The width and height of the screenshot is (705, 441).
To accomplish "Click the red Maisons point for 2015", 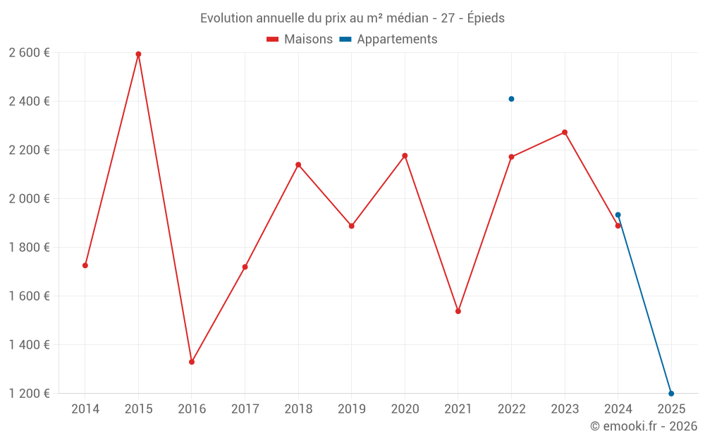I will click(138, 54).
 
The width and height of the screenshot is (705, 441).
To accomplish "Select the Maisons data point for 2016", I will click(192, 362).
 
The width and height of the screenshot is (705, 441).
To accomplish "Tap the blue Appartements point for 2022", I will click(511, 99).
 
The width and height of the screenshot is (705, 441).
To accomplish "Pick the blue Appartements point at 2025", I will click(671, 394).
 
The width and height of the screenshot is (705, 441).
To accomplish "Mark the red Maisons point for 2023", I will click(565, 133).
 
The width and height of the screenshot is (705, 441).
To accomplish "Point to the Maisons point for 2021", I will click(458, 311).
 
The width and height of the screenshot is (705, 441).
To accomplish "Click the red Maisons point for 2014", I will click(85, 265).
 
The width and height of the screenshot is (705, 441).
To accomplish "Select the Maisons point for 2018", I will click(298, 165).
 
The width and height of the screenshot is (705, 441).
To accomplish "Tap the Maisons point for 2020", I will click(405, 156).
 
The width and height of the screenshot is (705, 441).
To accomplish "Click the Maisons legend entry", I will click(300, 40).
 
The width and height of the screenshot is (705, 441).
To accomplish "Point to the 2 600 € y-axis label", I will click(29, 53).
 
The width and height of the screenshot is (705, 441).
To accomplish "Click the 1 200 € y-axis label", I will click(29, 394).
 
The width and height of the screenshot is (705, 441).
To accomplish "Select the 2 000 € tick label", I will click(29, 199).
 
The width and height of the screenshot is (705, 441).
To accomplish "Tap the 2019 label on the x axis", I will click(351, 409).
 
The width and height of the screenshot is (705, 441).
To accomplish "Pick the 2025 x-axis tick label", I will click(671, 409).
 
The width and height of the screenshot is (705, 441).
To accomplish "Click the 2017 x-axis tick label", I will click(245, 409).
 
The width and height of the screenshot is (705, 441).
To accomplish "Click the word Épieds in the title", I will click(486, 18).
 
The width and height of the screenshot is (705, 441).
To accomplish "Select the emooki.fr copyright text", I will click(644, 426).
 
